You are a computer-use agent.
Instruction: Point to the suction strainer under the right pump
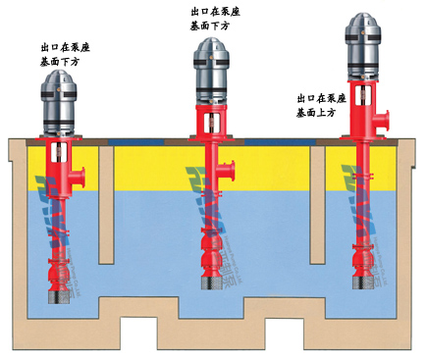point(357,276)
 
